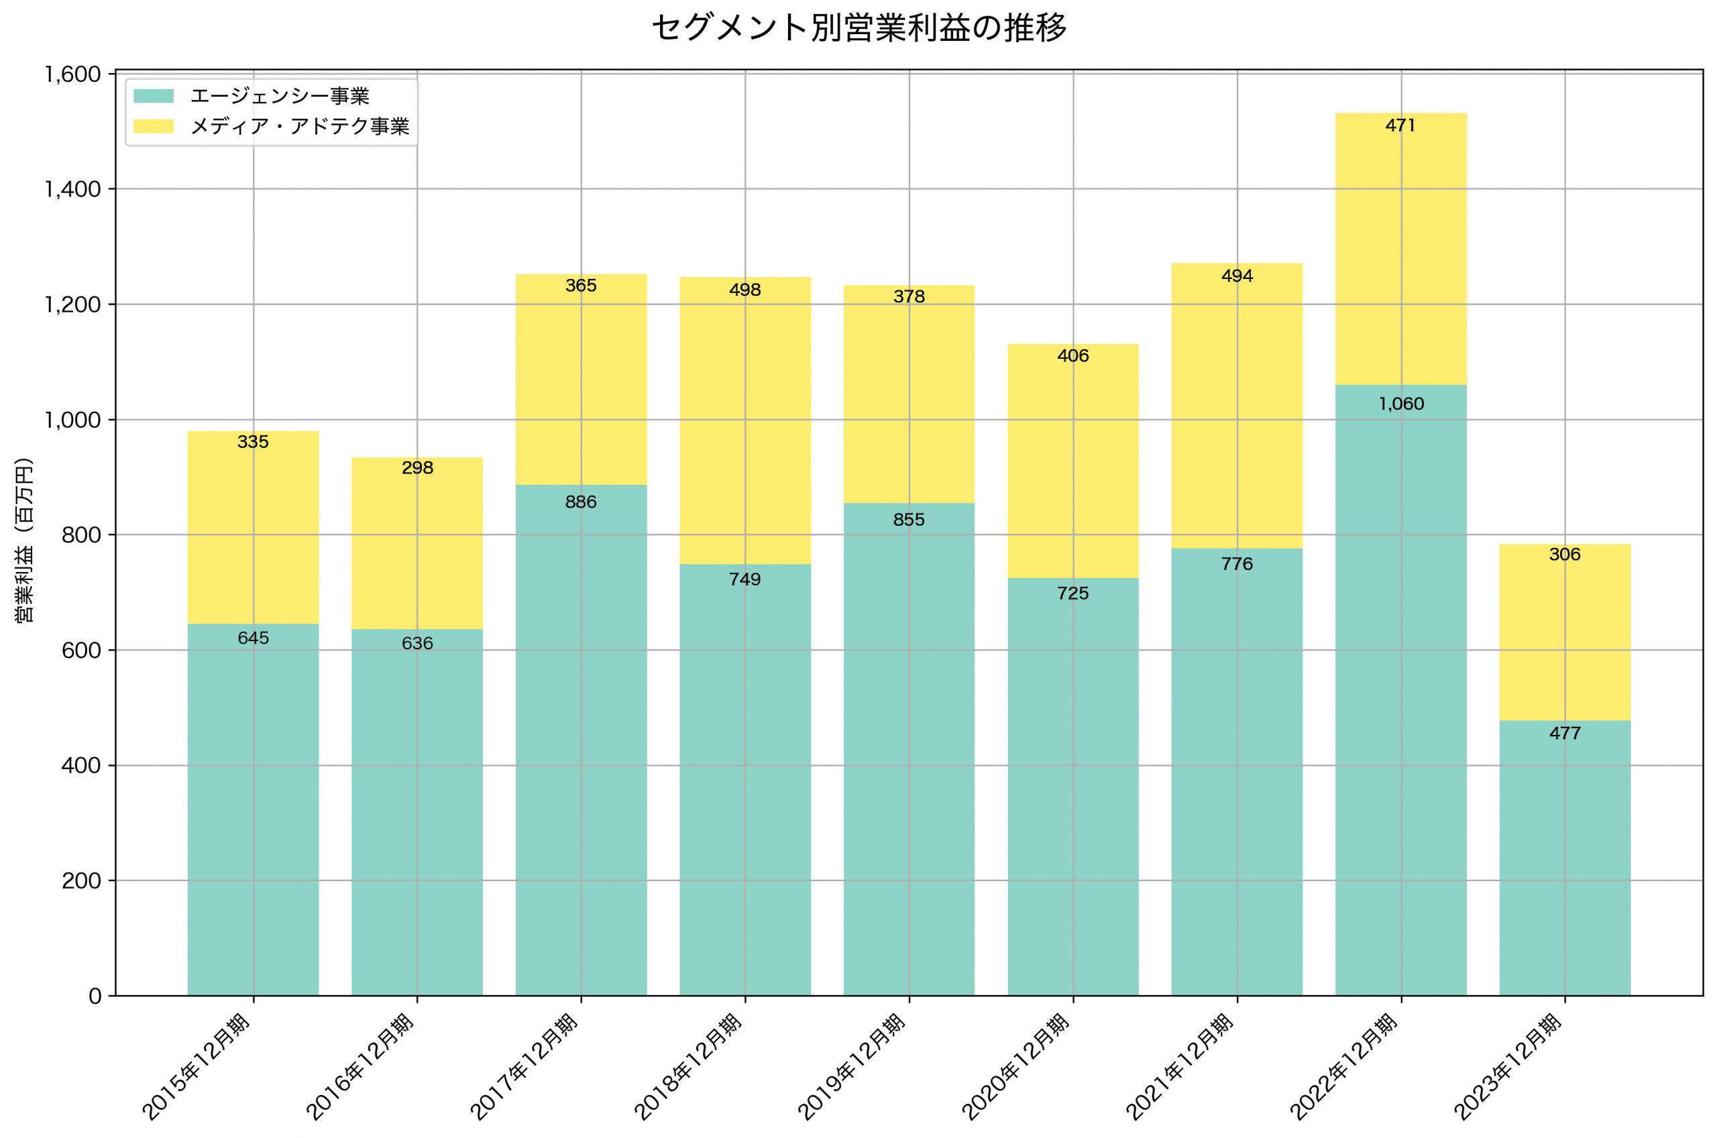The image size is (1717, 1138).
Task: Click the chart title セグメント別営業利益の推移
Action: (x=858, y=28)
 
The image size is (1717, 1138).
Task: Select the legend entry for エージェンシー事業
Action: (x=280, y=96)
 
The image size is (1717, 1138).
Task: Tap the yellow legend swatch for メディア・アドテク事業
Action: (x=153, y=126)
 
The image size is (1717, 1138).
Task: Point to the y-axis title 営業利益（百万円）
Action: (x=24, y=540)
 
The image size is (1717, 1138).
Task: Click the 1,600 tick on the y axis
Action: (x=72, y=74)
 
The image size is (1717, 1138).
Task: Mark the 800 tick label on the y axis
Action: (x=80, y=535)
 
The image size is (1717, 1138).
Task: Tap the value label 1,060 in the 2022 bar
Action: (x=1400, y=404)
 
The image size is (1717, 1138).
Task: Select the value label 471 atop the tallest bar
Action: (x=1400, y=125)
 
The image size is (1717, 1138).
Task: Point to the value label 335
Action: (x=254, y=442)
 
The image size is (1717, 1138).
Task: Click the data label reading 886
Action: (x=581, y=502)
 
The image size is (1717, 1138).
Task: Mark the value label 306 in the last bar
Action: (x=1564, y=555)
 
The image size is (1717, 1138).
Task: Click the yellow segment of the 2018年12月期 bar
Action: (x=744, y=429)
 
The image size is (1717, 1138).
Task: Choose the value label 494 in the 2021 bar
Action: (x=1237, y=276)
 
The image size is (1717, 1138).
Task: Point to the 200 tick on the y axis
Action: (x=80, y=880)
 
